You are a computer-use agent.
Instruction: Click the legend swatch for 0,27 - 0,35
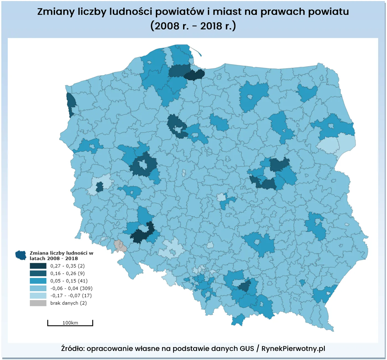[x=38, y=266]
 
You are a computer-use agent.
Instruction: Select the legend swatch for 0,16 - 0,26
[x=38, y=273]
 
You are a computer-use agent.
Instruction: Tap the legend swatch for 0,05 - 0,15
[x=38, y=281]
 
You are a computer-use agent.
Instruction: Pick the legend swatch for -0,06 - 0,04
[x=38, y=288]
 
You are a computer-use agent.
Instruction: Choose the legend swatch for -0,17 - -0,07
[x=38, y=295]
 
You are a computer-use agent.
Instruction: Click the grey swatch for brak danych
[x=38, y=303]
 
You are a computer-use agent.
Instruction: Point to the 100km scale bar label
[x=70, y=323]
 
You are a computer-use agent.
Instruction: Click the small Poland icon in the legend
[x=21, y=255]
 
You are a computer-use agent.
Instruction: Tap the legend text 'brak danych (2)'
[x=69, y=303]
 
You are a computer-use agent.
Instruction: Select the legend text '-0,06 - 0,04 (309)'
[x=71, y=288]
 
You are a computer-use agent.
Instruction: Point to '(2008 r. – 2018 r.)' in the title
[x=193, y=26]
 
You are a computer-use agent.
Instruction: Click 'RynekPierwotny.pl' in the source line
[x=293, y=349]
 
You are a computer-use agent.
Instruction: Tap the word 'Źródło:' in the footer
[x=73, y=349]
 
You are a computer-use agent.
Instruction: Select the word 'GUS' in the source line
[x=247, y=349]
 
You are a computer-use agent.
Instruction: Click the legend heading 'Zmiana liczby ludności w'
[x=61, y=253]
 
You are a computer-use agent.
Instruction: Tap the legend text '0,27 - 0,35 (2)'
[x=67, y=266]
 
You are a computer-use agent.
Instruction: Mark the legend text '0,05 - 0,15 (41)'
[x=69, y=281]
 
